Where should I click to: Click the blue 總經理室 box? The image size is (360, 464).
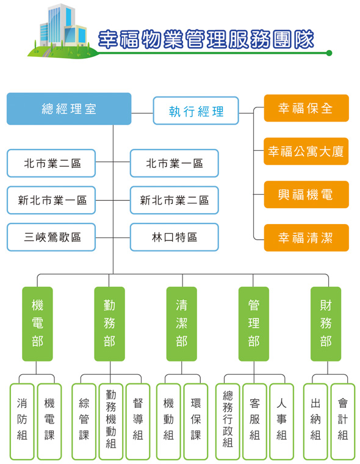69,109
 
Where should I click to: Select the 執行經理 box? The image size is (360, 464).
196,111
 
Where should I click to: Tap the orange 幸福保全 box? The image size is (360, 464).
306,108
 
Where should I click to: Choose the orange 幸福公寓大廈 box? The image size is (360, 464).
306,151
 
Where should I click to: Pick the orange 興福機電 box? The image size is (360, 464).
306,194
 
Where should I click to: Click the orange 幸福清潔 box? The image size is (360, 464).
306,237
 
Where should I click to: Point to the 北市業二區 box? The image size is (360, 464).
51,163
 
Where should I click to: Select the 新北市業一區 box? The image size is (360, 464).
51,200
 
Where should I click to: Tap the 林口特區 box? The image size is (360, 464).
175,237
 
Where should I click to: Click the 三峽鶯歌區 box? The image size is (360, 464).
51,237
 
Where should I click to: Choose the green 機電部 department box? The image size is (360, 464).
37,324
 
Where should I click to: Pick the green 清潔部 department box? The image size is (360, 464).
182,324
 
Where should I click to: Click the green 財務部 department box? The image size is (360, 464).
326,324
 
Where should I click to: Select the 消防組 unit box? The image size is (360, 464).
22,421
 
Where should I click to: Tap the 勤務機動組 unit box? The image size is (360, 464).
111,421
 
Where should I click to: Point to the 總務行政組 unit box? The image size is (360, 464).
228,421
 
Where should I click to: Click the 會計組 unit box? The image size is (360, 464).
343,421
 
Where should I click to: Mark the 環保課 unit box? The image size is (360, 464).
196,421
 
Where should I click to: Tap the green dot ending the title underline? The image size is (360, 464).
329,53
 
